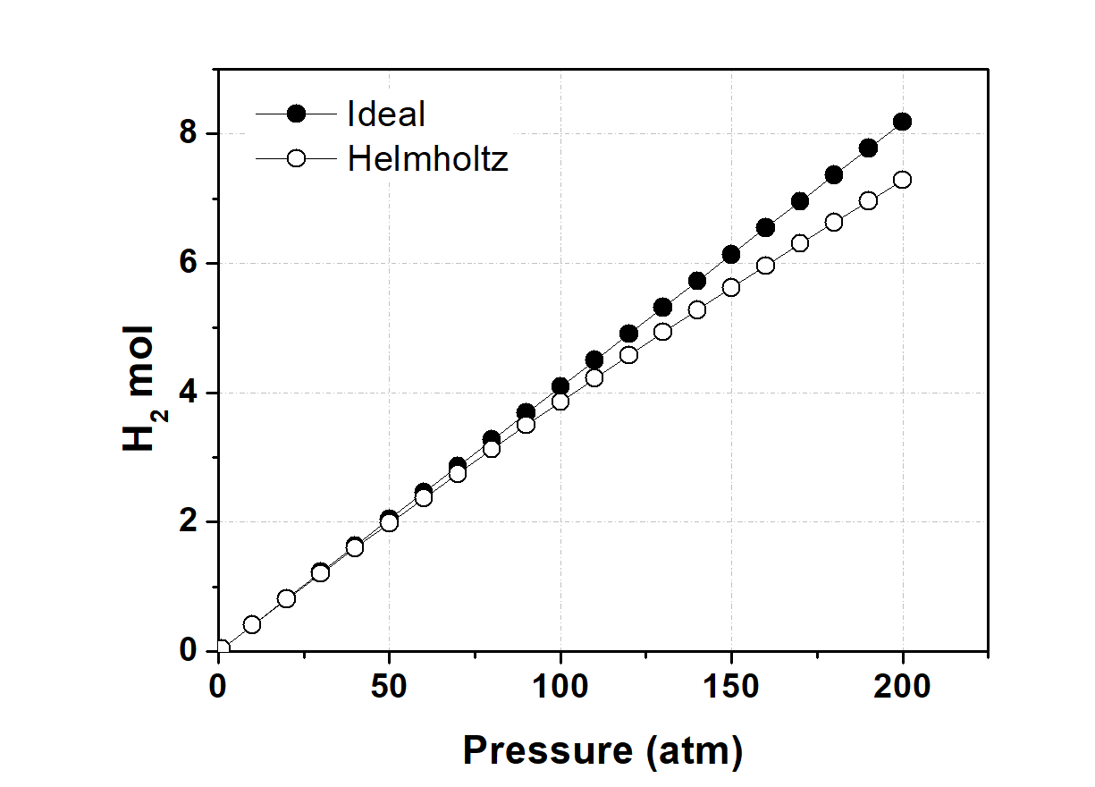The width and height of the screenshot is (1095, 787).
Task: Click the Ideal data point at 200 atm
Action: pyautogui.click(x=902, y=122)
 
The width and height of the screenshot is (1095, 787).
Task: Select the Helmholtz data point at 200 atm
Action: pyautogui.click(x=902, y=180)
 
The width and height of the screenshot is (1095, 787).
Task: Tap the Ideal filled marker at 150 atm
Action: pyautogui.click(x=731, y=255)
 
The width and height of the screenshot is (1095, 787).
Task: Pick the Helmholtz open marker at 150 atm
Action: pyautogui.click(x=731, y=287)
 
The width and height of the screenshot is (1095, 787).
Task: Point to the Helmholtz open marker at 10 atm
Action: pyautogui.click(x=252, y=624)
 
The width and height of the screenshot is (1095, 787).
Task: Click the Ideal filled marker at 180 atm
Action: pyautogui.click(x=834, y=175)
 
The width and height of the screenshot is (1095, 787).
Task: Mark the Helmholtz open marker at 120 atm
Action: pyautogui.click(x=628, y=354)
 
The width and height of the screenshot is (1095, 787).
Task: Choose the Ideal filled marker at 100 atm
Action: pyautogui.click(x=560, y=386)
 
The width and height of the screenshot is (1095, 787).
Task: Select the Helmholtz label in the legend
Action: pyautogui.click(x=427, y=159)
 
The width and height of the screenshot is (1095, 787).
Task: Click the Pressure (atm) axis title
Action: pyautogui.click(x=602, y=751)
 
